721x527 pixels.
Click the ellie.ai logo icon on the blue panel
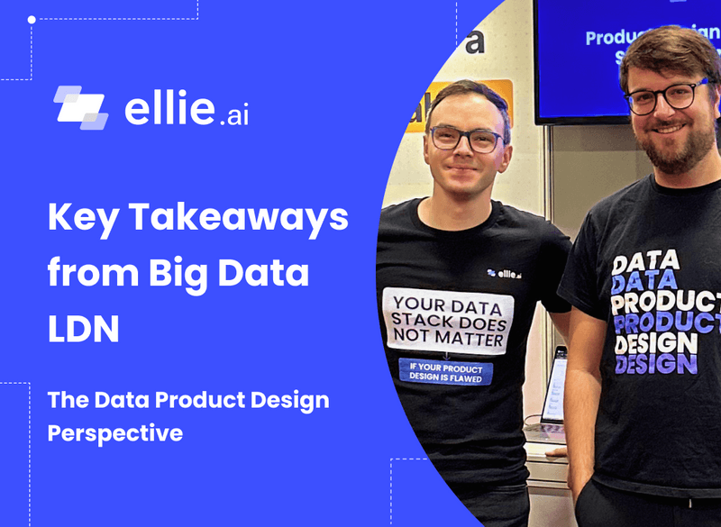click(x=80, y=106)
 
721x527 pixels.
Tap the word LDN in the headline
click(x=83, y=327)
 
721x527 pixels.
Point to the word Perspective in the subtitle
click(x=114, y=432)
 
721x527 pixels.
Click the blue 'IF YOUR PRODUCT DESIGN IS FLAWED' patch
click(x=445, y=373)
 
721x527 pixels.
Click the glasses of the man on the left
click(x=464, y=139)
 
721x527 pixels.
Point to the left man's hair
click(x=464, y=95)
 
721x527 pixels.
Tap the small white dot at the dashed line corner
click(x=32, y=19)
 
